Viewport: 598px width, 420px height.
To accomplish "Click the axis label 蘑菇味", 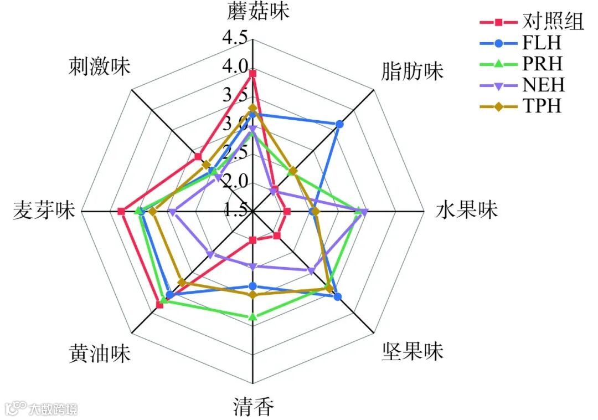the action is point(258,12).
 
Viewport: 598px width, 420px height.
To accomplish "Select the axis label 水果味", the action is point(467,211).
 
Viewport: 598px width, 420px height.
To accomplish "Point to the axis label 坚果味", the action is point(413,351).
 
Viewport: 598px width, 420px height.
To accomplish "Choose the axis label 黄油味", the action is point(100,353).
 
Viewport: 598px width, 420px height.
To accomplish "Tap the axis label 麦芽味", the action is point(43,211).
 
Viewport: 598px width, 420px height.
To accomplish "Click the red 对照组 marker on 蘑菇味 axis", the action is point(253,74).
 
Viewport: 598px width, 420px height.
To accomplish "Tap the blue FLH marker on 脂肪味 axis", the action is point(339,125).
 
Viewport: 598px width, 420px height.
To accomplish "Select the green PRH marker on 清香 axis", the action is point(253,317).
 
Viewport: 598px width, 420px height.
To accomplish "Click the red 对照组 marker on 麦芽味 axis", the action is point(121,211).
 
